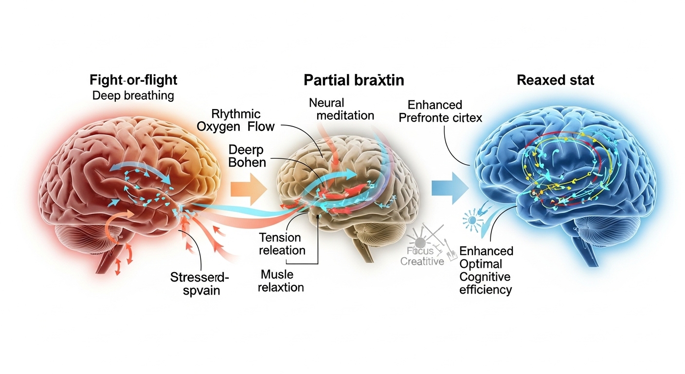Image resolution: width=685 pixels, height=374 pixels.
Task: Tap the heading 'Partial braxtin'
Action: (x=354, y=80)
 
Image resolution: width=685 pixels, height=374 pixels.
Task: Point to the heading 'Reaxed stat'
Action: (x=555, y=80)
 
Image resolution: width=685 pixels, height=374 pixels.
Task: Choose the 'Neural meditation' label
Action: (x=341, y=109)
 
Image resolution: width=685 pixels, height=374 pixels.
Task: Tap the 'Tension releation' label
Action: (x=282, y=244)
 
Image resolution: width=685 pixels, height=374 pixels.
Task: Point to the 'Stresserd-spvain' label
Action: (x=199, y=285)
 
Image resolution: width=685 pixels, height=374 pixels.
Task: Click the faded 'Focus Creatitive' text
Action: (x=422, y=256)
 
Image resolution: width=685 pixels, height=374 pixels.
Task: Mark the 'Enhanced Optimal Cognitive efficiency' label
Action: (x=486, y=270)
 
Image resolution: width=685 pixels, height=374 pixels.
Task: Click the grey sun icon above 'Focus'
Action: (x=420, y=240)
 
